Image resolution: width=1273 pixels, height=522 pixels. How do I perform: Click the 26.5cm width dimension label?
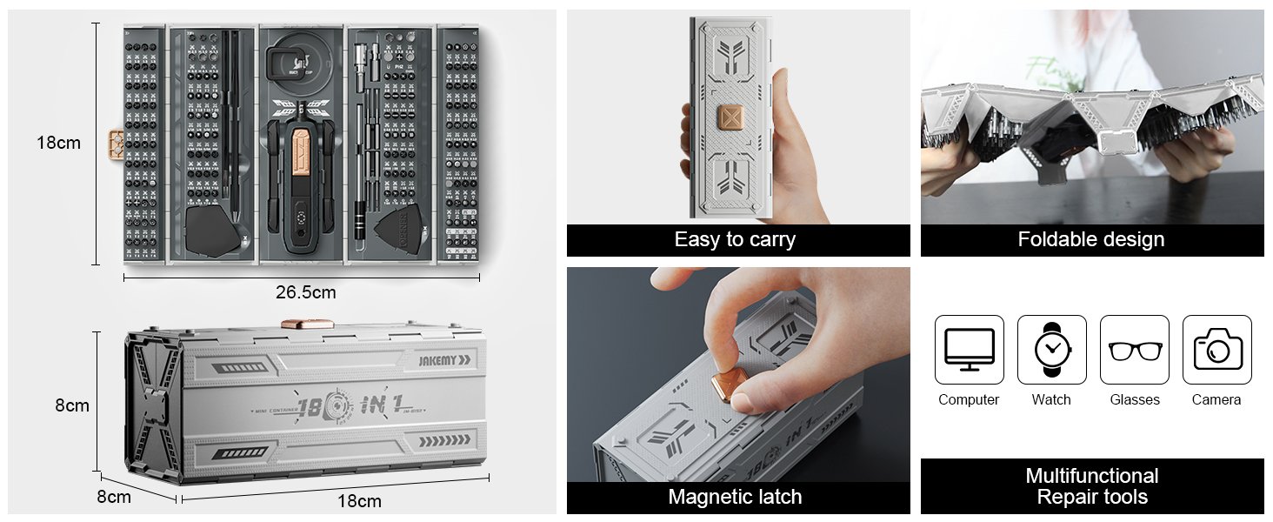pyautogui.click(x=306, y=292)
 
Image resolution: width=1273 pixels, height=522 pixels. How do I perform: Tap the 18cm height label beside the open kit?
pyautogui.click(x=58, y=143)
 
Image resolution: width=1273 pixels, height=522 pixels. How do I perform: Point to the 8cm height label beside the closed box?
pyautogui.click(x=72, y=405)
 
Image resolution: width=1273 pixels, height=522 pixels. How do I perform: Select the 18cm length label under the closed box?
pyautogui.click(x=359, y=501)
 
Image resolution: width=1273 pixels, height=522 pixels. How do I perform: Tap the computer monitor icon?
pyautogui.click(x=969, y=349)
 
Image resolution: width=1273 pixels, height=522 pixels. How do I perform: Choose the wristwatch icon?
pyautogui.click(x=1051, y=349)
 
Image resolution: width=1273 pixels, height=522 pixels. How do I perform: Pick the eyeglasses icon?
pyautogui.click(x=1134, y=350)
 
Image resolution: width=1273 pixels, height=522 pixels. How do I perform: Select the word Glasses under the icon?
pyautogui.click(x=1134, y=400)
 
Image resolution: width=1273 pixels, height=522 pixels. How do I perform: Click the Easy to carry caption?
pyautogui.click(x=735, y=240)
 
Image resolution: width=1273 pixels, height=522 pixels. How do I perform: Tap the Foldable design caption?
pyautogui.click(x=1091, y=240)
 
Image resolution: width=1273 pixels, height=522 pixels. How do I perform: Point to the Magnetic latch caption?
pyautogui.click(x=735, y=498)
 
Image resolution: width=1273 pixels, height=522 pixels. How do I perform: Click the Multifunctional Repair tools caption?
pyautogui.click(x=1091, y=486)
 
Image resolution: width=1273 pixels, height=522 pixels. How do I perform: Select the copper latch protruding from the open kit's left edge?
pyautogui.click(x=115, y=143)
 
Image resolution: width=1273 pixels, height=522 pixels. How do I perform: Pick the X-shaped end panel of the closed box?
pyautogui.click(x=153, y=405)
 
